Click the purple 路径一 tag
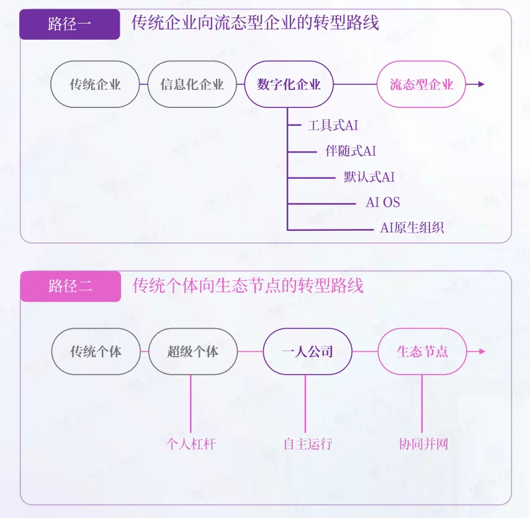[x=70, y=25]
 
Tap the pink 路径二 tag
[x=70, y=286]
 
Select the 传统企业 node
[x=95, y=84]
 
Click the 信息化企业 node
[x=192, y=84]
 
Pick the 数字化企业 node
[x=289, y=84]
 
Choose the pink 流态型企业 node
[x=421, y=84]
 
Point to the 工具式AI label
[x=333, y=125]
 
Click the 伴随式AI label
[x=351, y=151]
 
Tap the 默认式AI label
[x=369, y=177]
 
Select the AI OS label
[x=383, y=202]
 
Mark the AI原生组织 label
[x=412, y=228]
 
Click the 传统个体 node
[x=96, y=352]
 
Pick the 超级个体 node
[x=193, y=352]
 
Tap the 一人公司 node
[x=307, y=352]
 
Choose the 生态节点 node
[x=422, y=352]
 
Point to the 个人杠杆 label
[x=191, y=444]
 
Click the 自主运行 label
[x=308, y=444]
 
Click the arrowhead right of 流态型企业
[x=481, y=84]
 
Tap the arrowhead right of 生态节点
[x=482, y=352]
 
